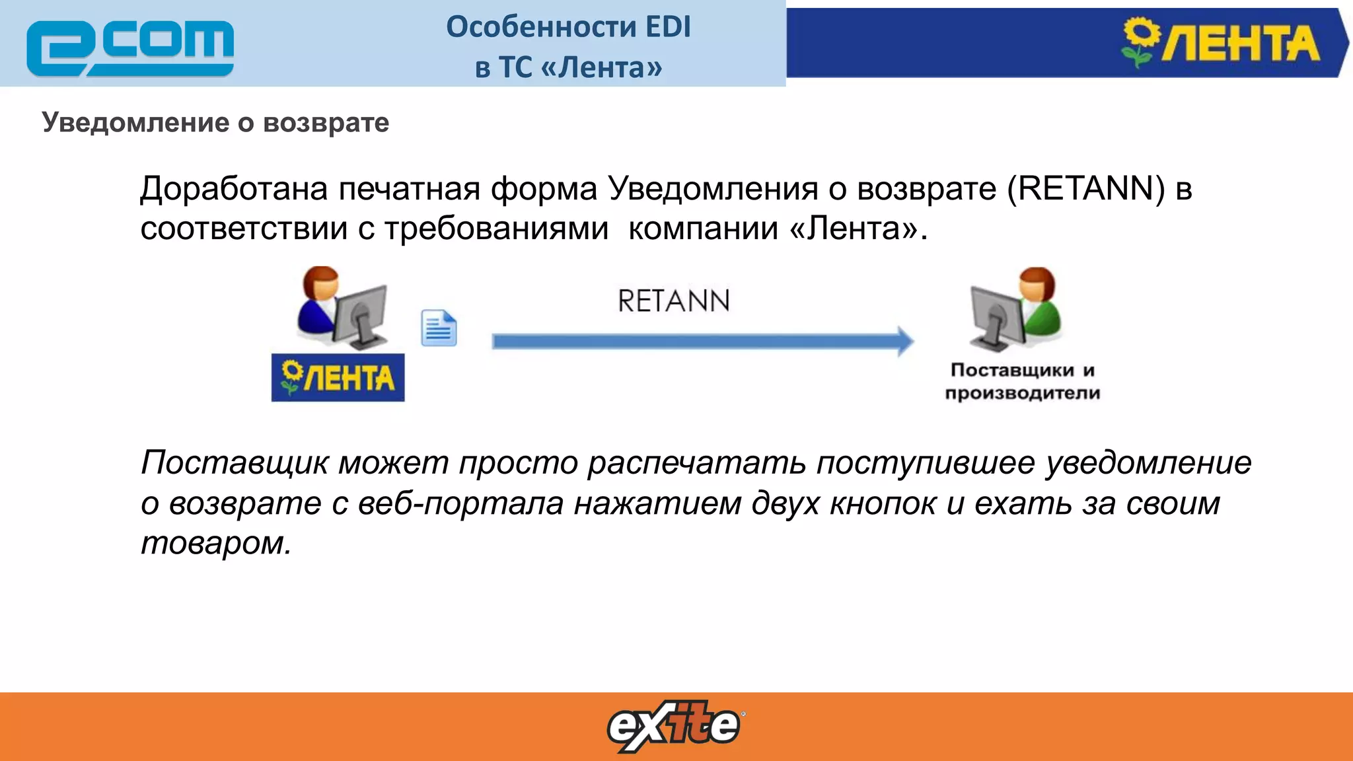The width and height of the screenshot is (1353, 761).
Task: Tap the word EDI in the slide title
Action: (x=667, y=27)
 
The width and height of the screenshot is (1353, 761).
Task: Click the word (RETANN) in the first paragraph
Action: (x=1086, y=189)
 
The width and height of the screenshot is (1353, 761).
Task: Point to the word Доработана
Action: (x=234, y=189)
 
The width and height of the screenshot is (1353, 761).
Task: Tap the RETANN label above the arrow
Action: (x=673, y=301)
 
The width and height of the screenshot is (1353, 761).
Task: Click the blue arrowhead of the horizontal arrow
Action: (x=904, y=341)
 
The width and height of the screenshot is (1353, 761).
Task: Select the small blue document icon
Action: (x=439, y=328)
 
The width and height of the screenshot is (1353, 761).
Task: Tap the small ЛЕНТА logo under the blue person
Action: (x=338, y=378)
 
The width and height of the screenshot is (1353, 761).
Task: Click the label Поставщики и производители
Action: (x=1022, y=381)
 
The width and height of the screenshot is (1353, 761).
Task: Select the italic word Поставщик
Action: (x=234, y=462)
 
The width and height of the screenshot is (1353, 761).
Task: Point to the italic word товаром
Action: (x=215, y=543)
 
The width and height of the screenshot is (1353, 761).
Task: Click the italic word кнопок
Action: (x=883, y=503)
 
